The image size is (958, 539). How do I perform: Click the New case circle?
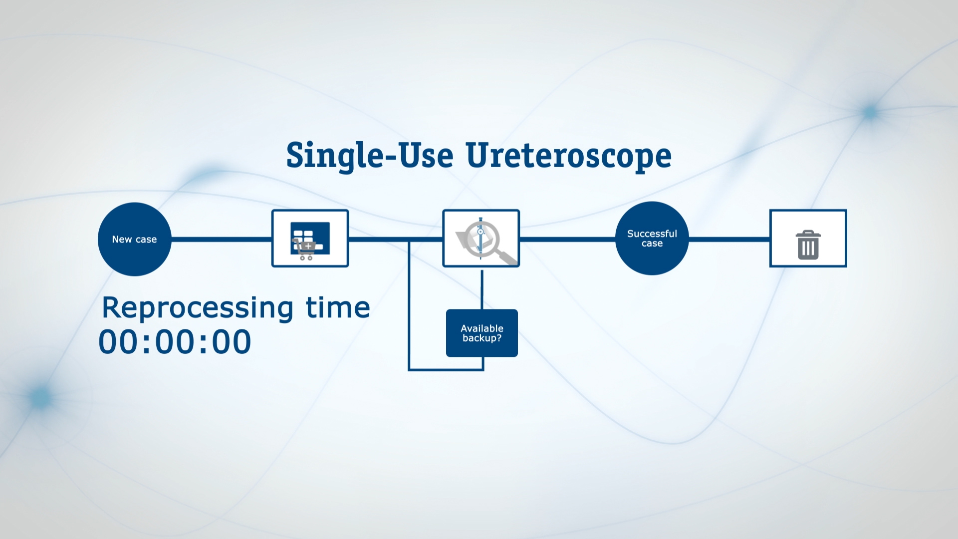[134, 239]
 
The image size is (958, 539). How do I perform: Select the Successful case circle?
[652, 239]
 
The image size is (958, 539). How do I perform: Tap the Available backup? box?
[481, 333]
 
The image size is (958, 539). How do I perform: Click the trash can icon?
[808, 245]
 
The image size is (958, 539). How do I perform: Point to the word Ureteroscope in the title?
[568, 155]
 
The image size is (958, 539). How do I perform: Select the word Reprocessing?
[197, 308]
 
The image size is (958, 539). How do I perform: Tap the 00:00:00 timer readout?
[175, 342]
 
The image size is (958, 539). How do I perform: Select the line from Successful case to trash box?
[729, 239]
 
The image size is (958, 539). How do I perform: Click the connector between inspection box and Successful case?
[567, 239]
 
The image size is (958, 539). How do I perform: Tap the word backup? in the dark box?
[481, 338]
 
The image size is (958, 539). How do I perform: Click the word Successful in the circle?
[652, 234]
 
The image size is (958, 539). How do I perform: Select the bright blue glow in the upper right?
[870, 112]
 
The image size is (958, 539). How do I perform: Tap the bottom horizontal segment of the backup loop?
[446, 370]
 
